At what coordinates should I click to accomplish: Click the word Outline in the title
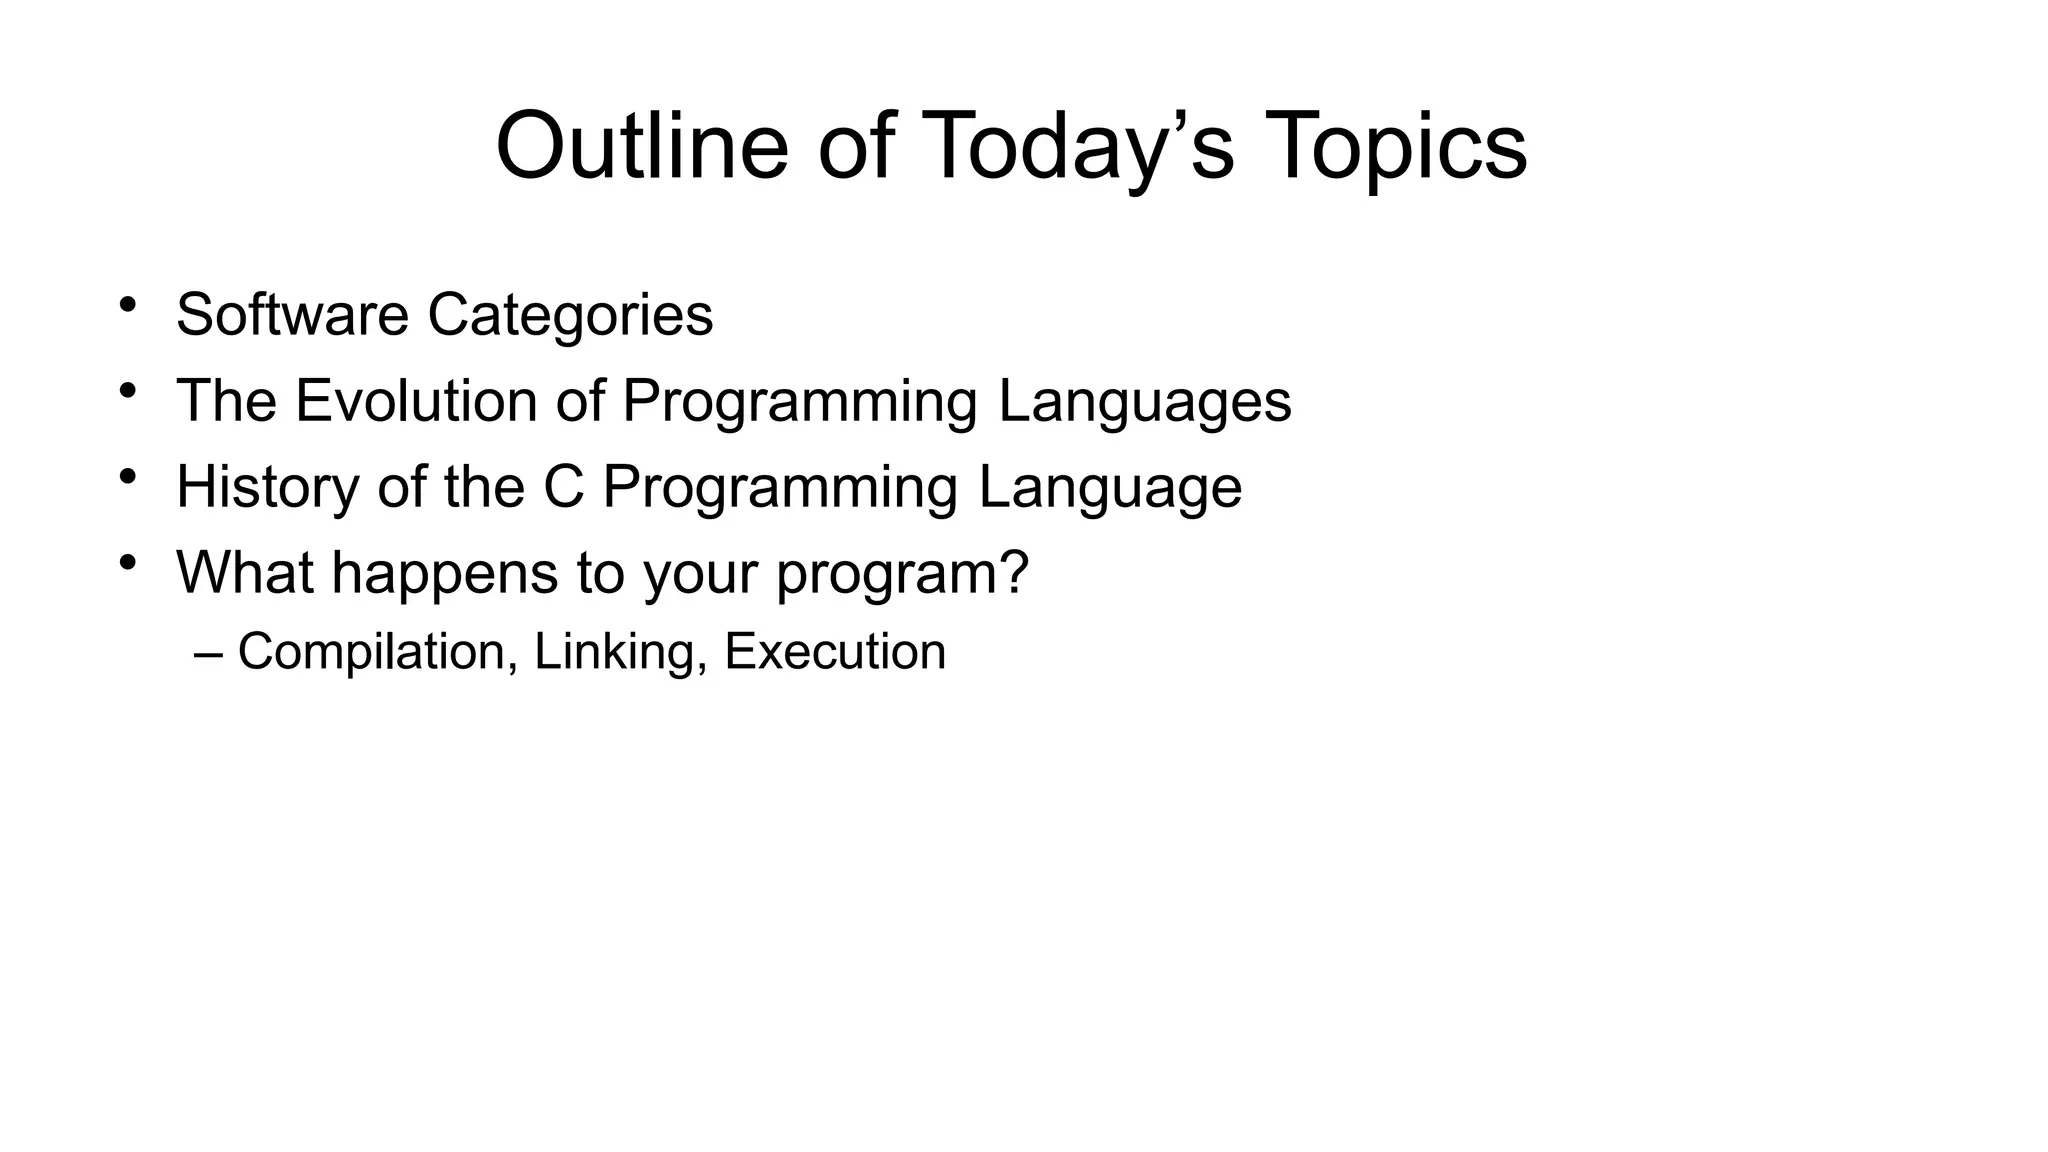(x=641, y=146)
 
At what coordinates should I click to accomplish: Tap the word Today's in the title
(x=1082, y=146)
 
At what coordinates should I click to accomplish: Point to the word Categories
(x=570, y=315)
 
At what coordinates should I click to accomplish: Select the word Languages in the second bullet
(x=1144, y=401)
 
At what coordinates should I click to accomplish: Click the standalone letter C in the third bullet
(x=564, y=487)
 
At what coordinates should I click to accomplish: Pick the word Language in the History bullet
(x=1109, y=487)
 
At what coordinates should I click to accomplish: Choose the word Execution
(x=835, y=652)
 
